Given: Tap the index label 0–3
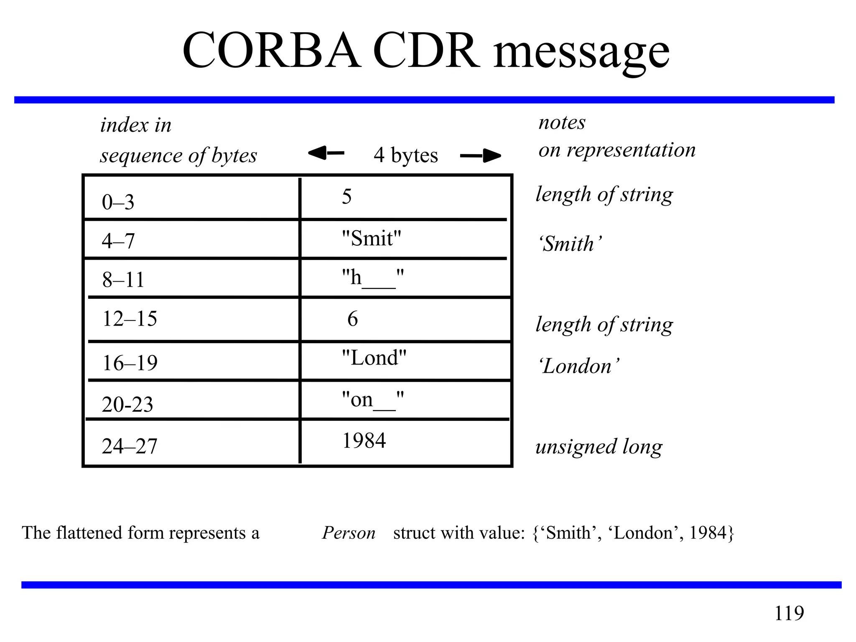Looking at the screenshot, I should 118,202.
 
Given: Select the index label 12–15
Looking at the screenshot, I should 130,318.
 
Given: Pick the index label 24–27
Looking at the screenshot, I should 130,446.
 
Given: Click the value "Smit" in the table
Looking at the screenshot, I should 371,239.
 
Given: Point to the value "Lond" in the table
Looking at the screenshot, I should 374,358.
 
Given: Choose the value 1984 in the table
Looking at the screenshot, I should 364,441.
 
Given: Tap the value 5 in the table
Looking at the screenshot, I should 346,196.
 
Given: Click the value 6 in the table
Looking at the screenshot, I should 352,319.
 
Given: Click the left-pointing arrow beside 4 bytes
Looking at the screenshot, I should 326,153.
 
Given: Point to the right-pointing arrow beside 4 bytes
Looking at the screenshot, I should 480,156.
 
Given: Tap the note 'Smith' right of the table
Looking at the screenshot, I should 570,244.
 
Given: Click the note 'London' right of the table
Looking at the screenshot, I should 578,366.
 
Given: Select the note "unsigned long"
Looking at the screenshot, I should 599,447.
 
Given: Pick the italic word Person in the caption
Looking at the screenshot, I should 349,533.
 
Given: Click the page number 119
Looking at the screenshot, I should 789,613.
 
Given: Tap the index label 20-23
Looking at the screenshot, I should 127,405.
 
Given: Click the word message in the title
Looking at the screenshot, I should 581,53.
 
